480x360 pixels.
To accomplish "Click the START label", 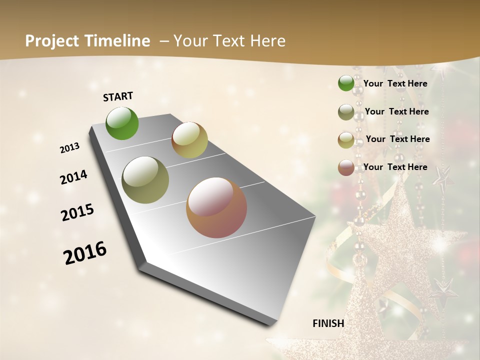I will [x=118, y=96].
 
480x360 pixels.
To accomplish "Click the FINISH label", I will [x=328, y=323].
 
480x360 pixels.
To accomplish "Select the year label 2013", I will [x=69, y=148].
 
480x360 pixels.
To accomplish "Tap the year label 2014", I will [x=73, y=177].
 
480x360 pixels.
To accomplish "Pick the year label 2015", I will [x=77, y=212].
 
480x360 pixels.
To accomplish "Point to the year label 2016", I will [x=85, y=252].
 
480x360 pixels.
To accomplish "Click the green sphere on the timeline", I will [x=122, y=123].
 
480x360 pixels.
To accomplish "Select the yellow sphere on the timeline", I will [x=189, y=140].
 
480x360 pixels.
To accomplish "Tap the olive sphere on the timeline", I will [x=145, y=180].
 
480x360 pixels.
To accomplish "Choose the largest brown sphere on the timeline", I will [x=216, y=207].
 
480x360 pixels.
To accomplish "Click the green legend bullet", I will [x=346, y=83].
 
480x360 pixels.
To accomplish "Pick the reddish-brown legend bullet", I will [x=346, y=167].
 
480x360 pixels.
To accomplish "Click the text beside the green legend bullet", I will [x=395, y=83].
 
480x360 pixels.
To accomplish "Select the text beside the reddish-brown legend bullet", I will [x=395, y=167].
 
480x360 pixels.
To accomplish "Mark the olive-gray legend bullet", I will [x=346, y=112].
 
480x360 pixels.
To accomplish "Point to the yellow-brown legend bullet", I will [x=346, y=140].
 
